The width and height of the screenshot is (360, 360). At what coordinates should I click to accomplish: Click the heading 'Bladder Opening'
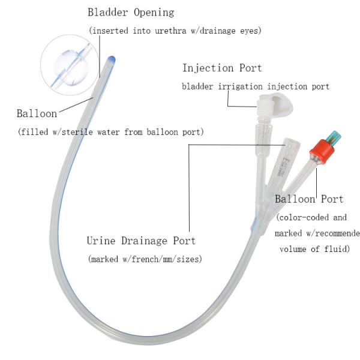(131, 11)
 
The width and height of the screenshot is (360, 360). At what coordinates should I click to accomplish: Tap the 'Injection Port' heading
(221, 68)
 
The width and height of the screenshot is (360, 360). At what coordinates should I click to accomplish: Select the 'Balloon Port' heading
(308, 199)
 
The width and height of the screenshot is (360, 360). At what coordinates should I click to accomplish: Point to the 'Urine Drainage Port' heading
(141, 241)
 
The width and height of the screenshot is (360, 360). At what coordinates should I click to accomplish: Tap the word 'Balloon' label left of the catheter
(37, 113)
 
